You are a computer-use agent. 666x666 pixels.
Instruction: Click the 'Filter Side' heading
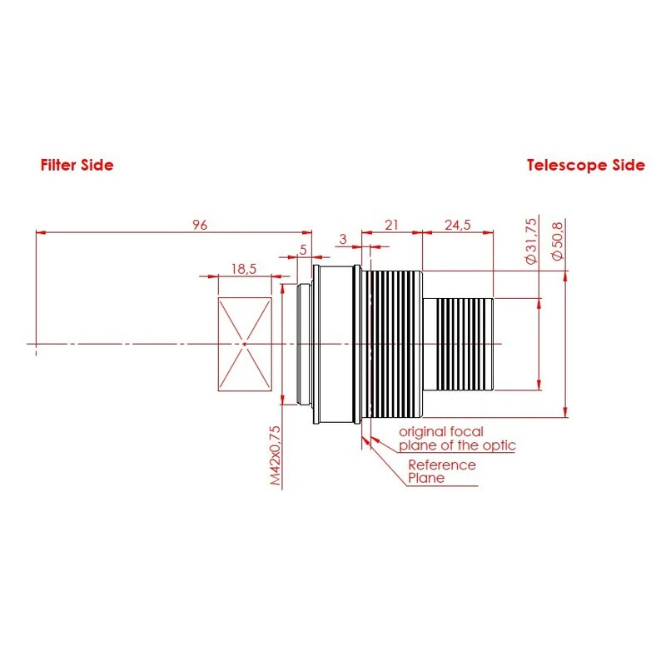[x=77, y=165]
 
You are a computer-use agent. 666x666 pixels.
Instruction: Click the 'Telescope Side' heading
[x=585, y=165]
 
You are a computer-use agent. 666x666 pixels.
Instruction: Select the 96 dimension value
[x=199, y=225]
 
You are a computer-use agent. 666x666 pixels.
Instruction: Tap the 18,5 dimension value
[x=244, y=268]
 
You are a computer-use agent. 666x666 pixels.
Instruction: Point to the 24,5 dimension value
[x=458, y=225]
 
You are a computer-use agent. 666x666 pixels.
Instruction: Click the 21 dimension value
[x=391, y=225]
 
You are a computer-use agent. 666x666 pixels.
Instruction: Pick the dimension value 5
[x=303, y=249]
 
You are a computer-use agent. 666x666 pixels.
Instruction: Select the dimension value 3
[x=342, y=240]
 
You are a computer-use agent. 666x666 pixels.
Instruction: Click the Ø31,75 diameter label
[x=534, y=241]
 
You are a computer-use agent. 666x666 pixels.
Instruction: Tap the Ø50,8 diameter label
[x=559, y=241]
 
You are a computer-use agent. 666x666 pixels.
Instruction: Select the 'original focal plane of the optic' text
[x=457, y=439]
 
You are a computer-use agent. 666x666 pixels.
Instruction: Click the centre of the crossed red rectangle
[x=244, y=344]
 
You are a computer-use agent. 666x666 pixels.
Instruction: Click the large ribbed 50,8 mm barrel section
[x=395, y=344]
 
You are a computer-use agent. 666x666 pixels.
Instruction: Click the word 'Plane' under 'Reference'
[x=426, y=478]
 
